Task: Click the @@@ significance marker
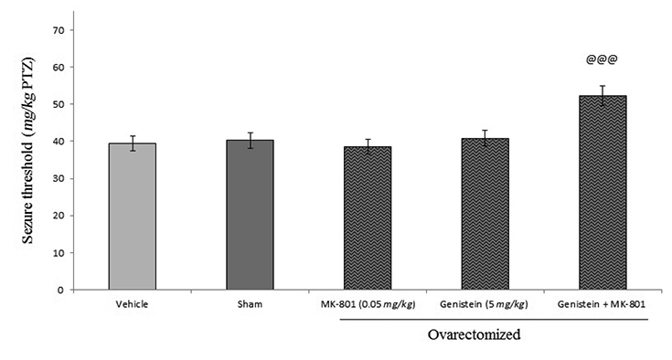coord(602,61)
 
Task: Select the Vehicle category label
coord(133,303)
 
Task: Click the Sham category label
coord(250,303)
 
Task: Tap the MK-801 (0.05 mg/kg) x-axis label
coord(367,303)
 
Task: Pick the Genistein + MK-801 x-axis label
coord(602,303)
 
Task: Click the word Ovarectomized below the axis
coord(475,334)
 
